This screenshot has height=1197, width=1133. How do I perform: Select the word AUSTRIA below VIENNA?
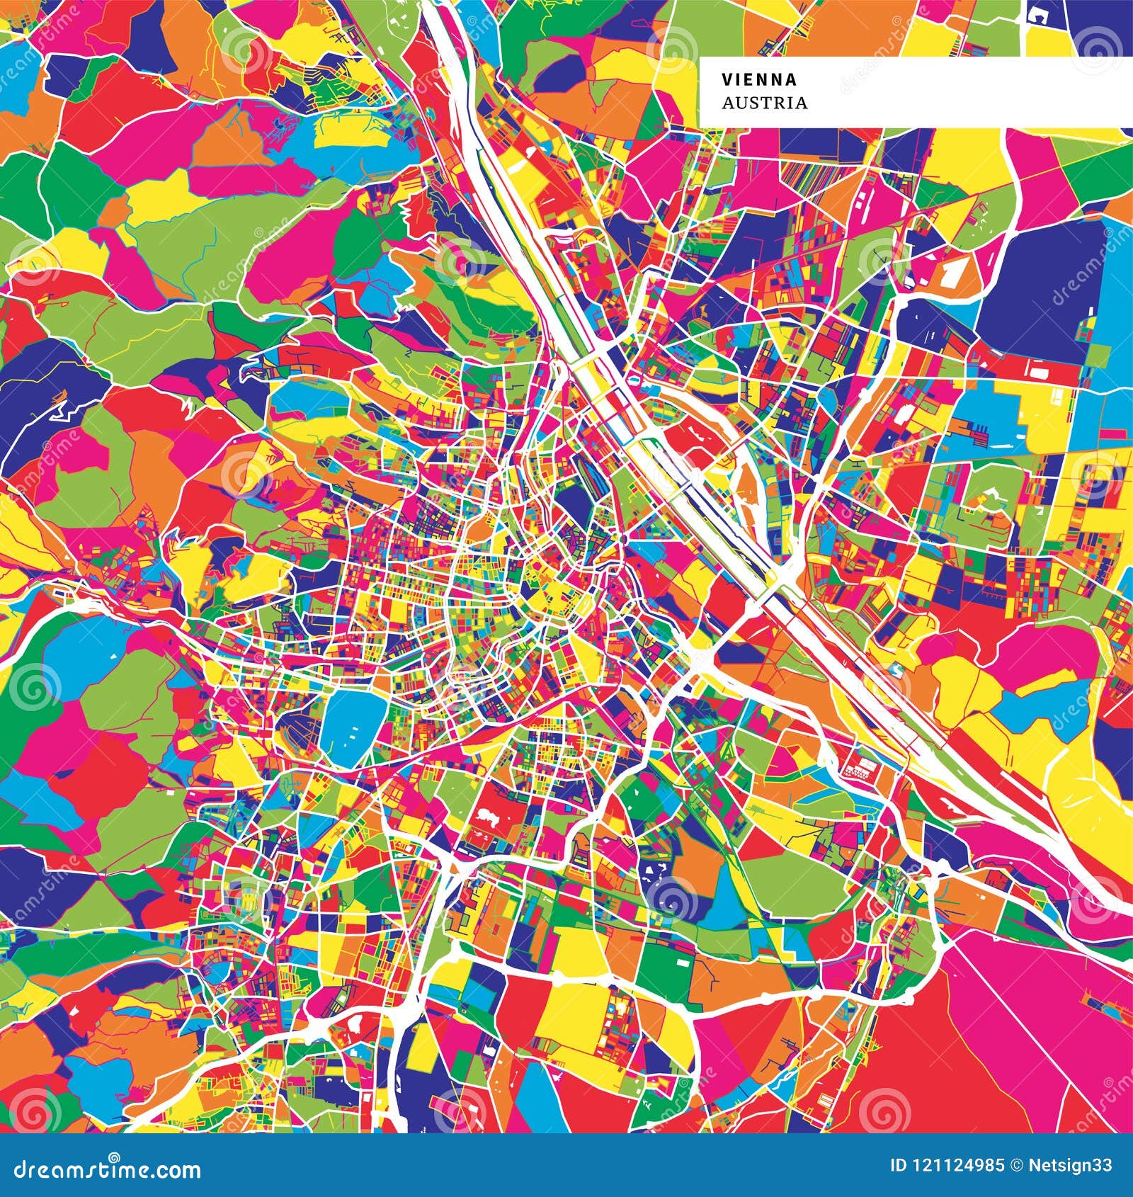(764, 103)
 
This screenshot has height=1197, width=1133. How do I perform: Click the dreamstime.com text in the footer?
(104, 1169)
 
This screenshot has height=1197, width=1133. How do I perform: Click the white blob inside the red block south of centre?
(489, 817)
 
